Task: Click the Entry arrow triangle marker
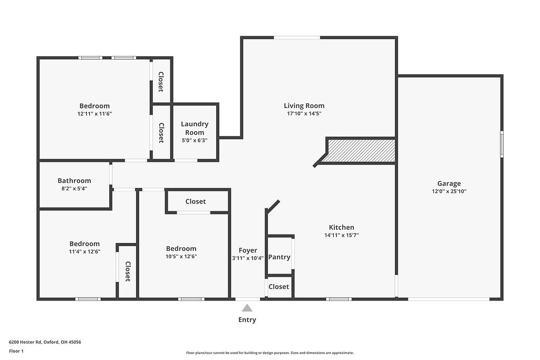(247, 308)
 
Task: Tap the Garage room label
(449, 183)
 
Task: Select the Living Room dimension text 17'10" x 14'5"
(304, 113)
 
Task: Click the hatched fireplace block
(361, 151)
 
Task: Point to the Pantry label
(279, 257)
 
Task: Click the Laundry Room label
(195, 128)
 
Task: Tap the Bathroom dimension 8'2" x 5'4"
(74, 188)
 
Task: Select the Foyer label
(248, 250)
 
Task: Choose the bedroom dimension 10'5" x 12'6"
(181, 257)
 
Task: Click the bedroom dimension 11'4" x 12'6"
(84, 251)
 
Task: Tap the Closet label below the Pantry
(278, 287)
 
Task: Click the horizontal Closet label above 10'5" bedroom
(195, 201)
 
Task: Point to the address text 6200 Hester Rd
(45, 342)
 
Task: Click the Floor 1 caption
(16, 351)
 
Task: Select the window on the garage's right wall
(502, 144)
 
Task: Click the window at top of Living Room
(297, 37)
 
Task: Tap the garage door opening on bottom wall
(449, 299)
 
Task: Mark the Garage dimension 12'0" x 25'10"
(449, 191)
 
